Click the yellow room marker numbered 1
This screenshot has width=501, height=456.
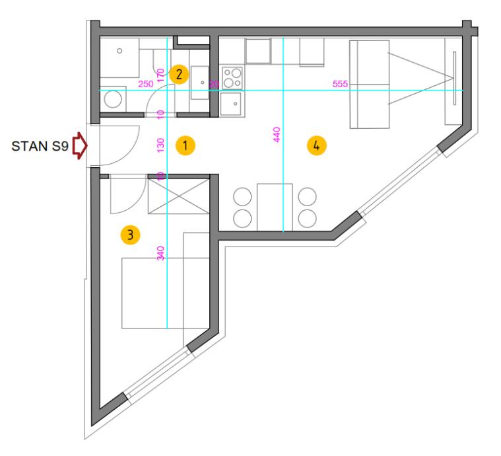point(187,145)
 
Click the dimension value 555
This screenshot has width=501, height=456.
point(341,85)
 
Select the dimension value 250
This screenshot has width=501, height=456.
point(145,85)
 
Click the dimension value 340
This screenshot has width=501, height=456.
point(160,252)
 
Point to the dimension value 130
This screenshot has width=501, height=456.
point(160,145)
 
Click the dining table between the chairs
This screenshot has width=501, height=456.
point(275,207)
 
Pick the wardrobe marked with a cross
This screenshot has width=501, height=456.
point(178,194)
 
